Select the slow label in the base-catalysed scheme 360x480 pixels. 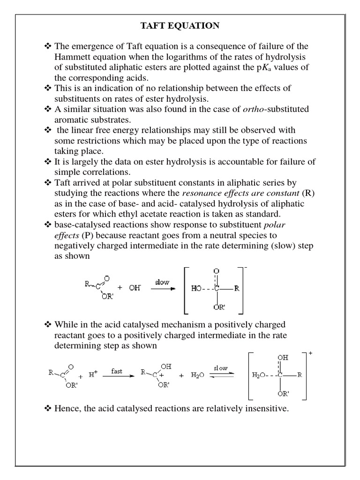(x=162, y=282)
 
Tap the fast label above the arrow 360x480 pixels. (x=117, y=371)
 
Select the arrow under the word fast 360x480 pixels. (x=117, y=377)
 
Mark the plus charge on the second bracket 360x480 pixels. (x=310, y=353)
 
